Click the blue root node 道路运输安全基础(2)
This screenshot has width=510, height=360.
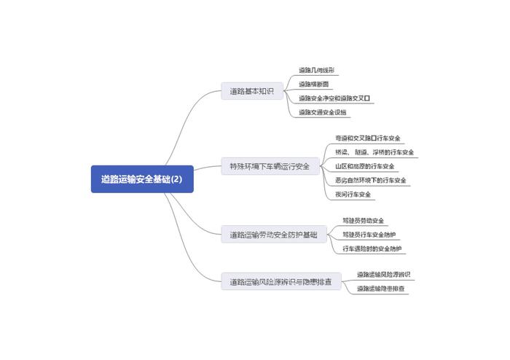[142, 179]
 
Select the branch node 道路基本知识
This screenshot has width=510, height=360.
[251, 92]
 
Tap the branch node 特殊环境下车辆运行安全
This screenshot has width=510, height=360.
[269, 166]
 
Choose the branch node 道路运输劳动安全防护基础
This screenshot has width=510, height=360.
[273, 235]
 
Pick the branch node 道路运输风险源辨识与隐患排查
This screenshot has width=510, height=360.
[280, 281]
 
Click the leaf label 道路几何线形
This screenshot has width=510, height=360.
[316, 70]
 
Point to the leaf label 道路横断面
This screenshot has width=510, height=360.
[313, 84]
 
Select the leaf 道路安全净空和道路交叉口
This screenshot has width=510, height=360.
[334, 98]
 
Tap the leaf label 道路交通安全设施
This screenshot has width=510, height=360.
[323, 112]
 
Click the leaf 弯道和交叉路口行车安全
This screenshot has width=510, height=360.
[368, 138]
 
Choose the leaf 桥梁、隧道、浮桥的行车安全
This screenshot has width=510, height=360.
[374, 152]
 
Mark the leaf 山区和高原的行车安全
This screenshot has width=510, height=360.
[365, 166]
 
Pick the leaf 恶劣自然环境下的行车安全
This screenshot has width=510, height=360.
[371, 180]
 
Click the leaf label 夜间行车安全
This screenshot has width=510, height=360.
[353, 195]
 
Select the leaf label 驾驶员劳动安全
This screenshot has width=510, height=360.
[364, 220]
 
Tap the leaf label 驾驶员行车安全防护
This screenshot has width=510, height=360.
[369, 235]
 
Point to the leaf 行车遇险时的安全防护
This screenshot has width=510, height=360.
[372, 249]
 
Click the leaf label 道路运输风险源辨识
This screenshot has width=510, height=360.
[383, 275]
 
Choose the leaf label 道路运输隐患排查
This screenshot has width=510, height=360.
[382, 289]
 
